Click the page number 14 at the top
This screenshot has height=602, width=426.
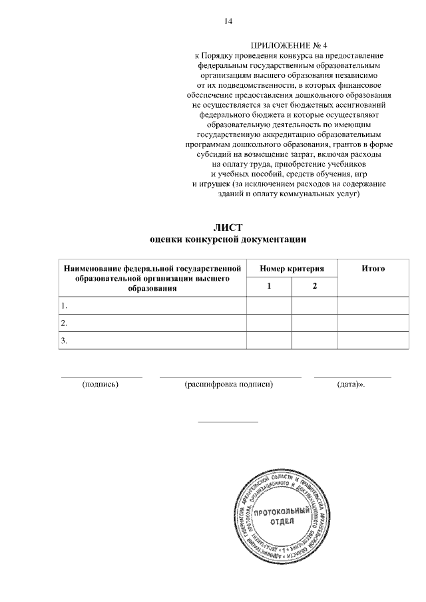tap(228, 21)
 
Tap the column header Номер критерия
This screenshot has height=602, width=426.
tap(292, 268)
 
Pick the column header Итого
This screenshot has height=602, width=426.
tap(373, 268)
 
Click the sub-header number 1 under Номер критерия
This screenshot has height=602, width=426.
tap(269, 286)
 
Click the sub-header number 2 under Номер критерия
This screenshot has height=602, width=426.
tap(314, 286)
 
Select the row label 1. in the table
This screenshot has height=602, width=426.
tap(64, 306)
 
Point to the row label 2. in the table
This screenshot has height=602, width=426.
tap(64, 323)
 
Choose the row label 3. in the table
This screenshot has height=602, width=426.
tap(64, 341)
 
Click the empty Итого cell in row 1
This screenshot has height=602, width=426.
tap(373, 306)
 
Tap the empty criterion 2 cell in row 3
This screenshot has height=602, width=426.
tap(314, 341)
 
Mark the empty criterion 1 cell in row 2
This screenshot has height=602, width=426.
tap(269, 323)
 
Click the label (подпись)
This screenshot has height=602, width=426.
tap(100, 384)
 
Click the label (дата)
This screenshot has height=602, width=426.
tap(351, 384)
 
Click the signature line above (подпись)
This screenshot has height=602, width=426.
tap(101, 377)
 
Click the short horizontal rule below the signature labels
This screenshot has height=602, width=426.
tap(228, 421)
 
